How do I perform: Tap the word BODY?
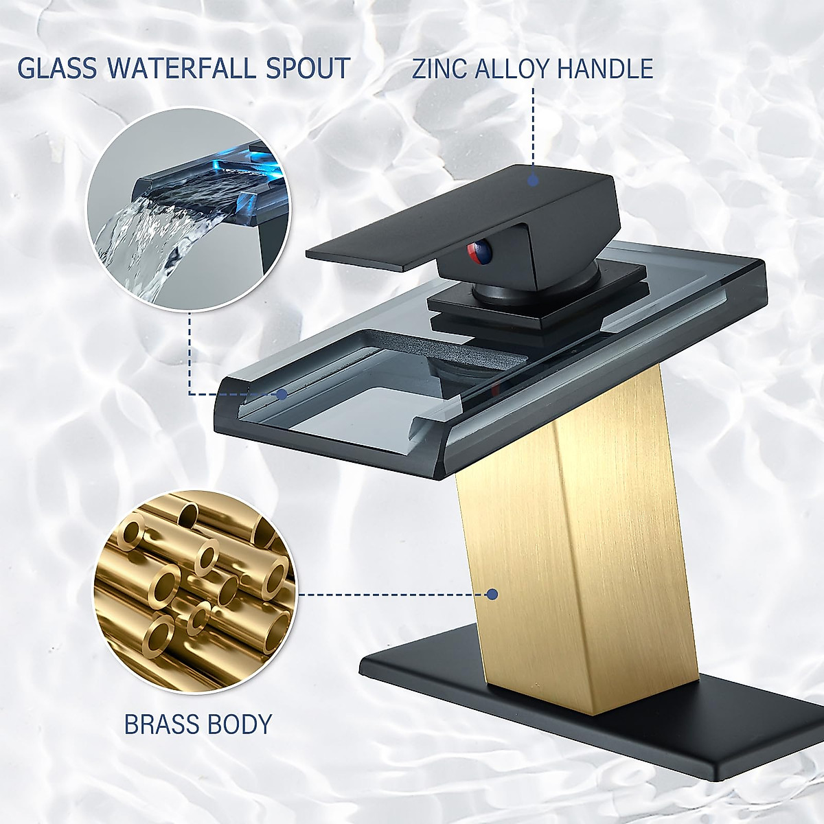(241, 724)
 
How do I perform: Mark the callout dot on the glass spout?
(282, 394)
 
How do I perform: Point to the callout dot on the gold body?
(492, 594)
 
